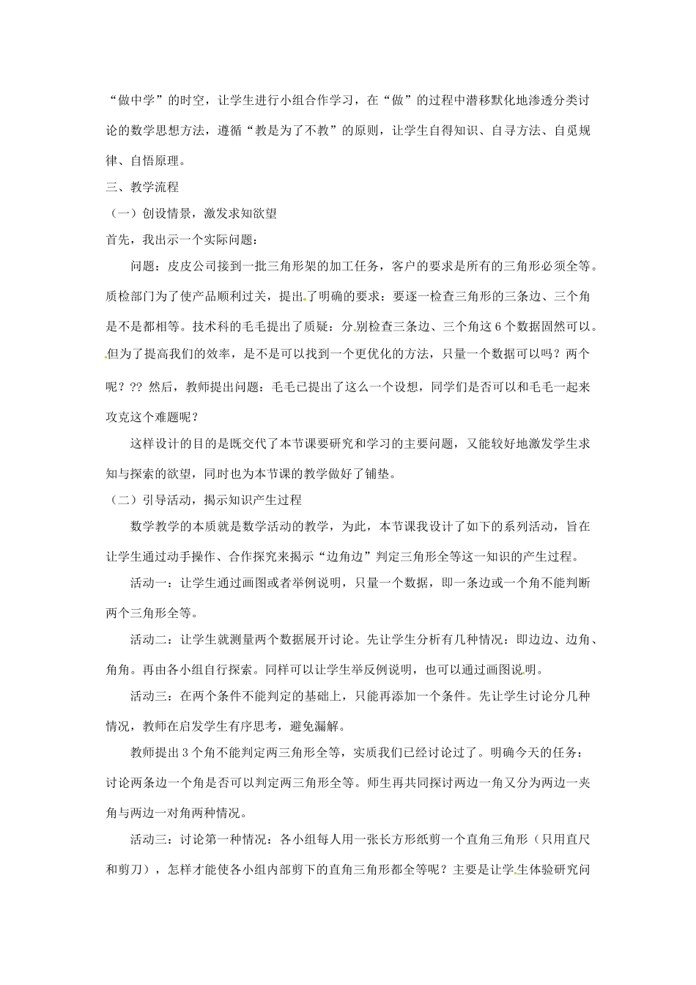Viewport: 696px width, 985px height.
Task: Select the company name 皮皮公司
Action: tap(193, 265)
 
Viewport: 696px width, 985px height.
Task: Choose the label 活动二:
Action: tap(154, 639)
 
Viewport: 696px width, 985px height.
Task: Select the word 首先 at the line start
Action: tap(118, 239)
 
